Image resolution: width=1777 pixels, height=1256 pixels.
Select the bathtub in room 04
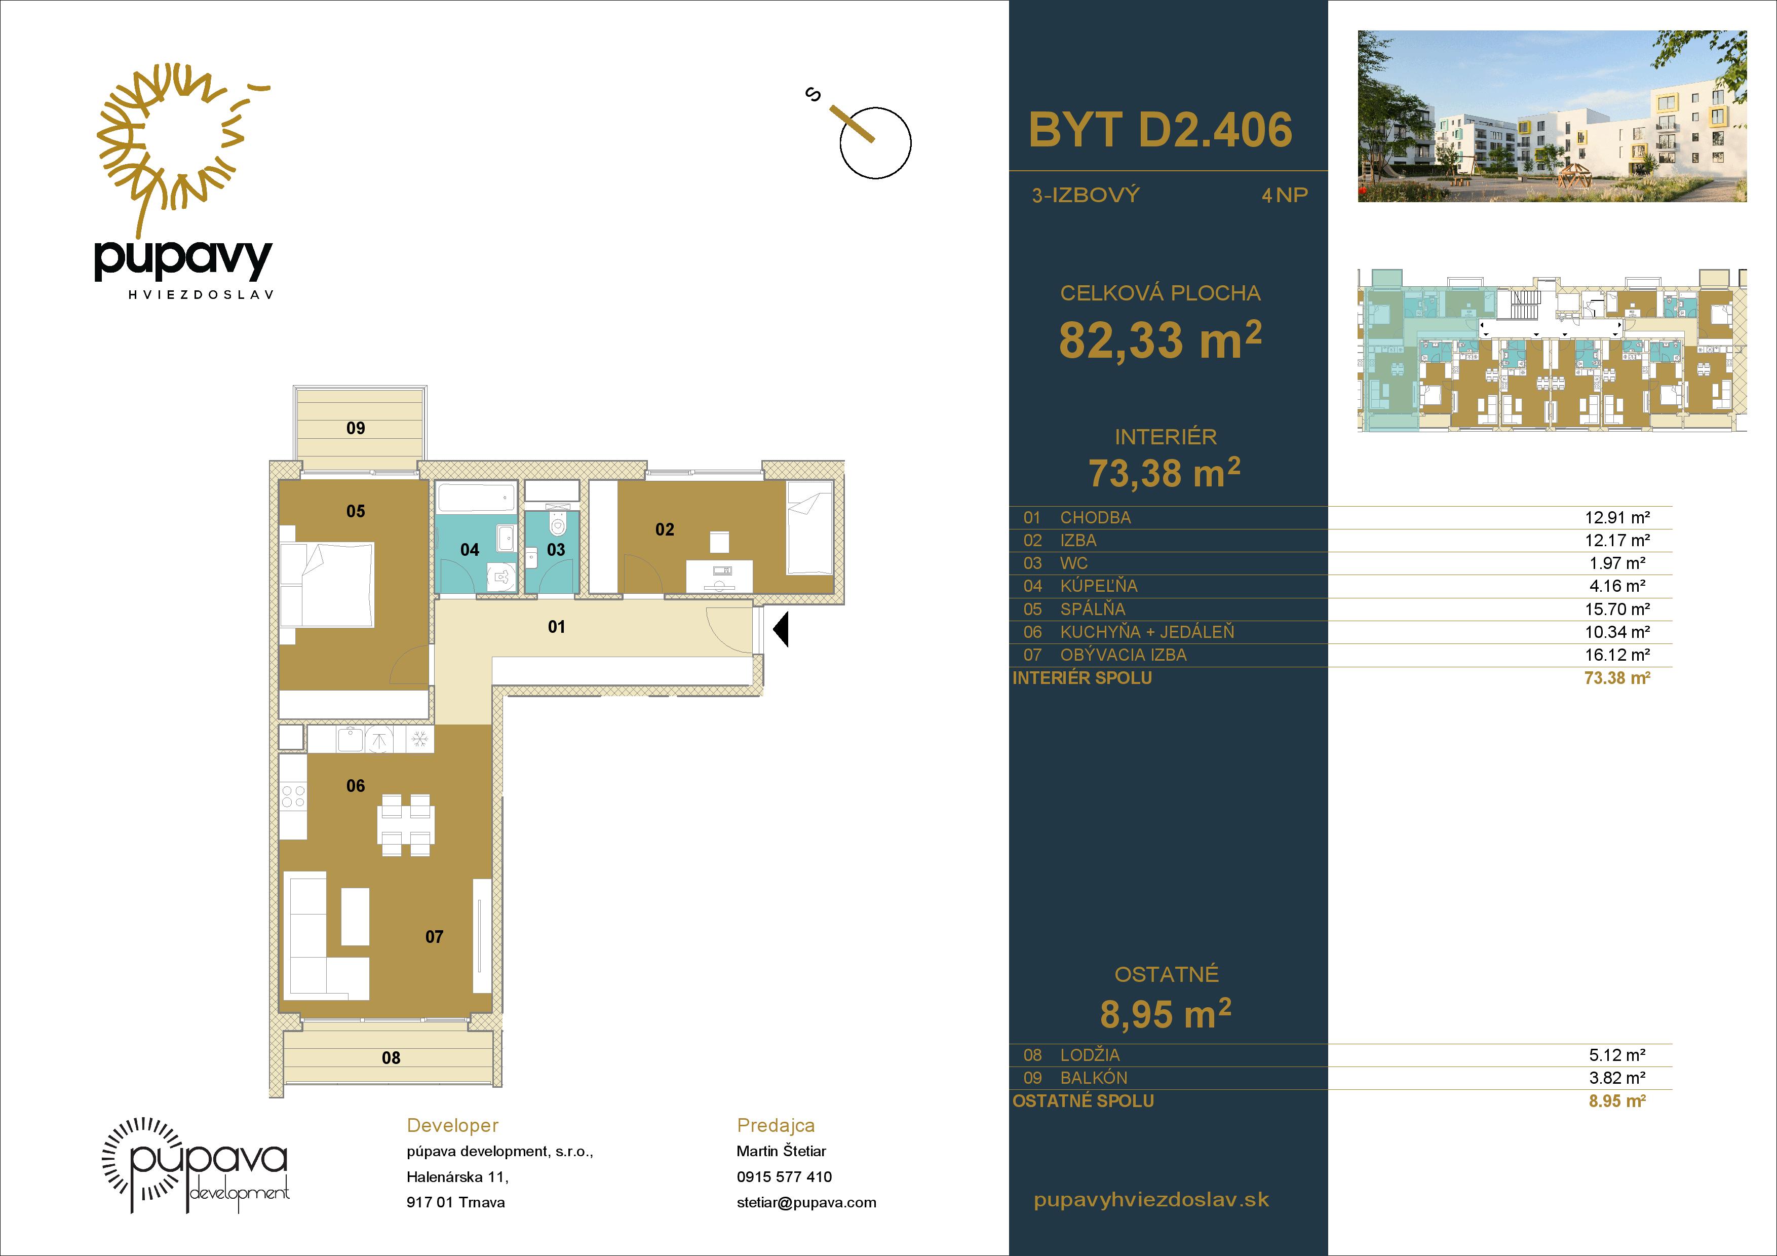[475, 496]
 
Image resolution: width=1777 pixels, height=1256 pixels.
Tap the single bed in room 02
[809, 527]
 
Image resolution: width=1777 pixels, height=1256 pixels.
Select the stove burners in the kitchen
[293, 796]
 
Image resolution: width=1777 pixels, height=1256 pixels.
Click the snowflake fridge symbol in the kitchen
[419, 739]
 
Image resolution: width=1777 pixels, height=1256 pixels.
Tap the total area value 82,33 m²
[1160, 340]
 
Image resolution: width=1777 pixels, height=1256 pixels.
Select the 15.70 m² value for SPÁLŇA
[1617, 609]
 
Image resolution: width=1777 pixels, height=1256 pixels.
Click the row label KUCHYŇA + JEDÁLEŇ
[1147, 632]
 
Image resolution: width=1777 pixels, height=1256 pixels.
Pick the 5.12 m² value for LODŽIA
[1617, 1055]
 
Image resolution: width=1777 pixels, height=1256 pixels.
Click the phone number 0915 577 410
[784, 1177]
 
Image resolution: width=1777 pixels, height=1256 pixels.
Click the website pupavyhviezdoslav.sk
[1151, 1200]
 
